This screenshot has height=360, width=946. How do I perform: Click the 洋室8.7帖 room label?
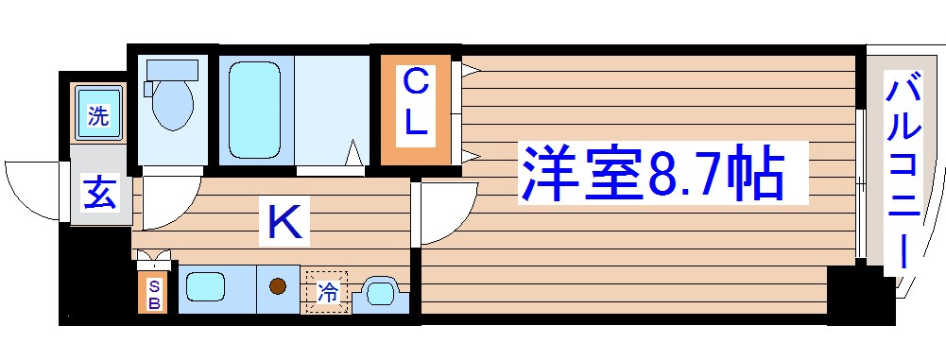point(652,173)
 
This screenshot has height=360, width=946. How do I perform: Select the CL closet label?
point(416,105)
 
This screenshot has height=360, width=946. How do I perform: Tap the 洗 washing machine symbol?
point(98,116)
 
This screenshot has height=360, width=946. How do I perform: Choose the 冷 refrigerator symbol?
point(326,291)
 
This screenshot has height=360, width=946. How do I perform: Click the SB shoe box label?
point(152,293)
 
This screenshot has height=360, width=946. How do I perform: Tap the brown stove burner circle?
point(278,287)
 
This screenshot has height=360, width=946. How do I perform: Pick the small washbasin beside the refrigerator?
point(382,293)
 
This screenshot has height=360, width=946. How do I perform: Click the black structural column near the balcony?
point(859,296)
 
